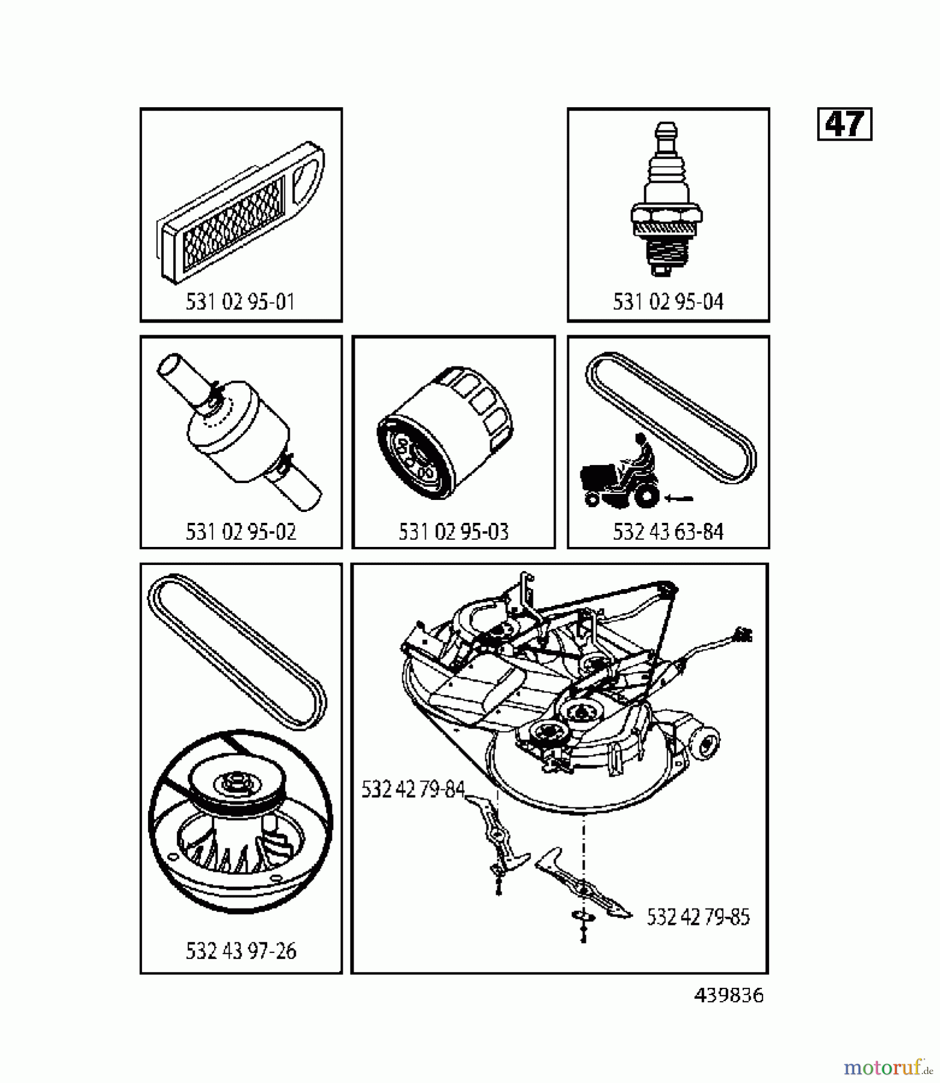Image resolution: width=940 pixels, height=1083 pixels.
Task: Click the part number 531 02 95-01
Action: (x=241, y=301)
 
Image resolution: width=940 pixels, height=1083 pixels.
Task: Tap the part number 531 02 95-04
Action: (x=668, y=301)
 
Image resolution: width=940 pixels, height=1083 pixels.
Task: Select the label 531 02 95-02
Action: (x=241, y=532)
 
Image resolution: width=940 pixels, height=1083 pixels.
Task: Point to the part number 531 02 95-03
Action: (x=453, y=532)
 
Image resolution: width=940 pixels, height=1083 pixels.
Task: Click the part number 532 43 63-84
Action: (x=668, y=532)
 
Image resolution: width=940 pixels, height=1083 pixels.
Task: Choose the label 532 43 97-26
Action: (x=241, y=951)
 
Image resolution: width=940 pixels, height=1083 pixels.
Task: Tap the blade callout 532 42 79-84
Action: (x=413, y=789)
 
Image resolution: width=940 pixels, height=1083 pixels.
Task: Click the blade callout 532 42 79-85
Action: (x=698, y=917)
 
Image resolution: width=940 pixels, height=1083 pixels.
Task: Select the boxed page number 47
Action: (x=844, y=124)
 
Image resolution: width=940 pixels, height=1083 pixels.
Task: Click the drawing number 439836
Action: (x=729, y=995)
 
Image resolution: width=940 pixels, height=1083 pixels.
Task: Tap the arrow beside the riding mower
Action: (x=679, y=498)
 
